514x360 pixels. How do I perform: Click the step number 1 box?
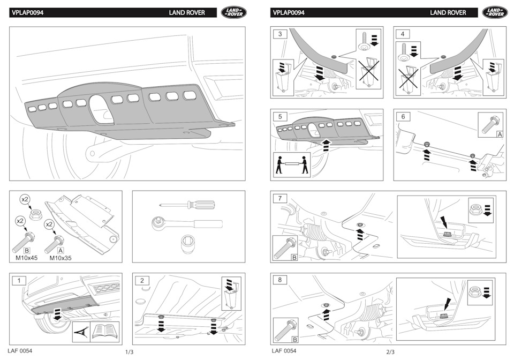click(x=19, y=280)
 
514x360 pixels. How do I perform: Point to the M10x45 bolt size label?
click(x=29, y=258)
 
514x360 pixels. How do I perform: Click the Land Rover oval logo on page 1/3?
click(x=234, y=12)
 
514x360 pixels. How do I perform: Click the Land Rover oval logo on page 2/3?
click(x=495, y=12)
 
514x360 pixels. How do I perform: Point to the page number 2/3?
click(x=390, y=352)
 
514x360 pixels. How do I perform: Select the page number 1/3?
click(x=129, y=352)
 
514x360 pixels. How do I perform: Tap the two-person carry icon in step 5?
click(x=292, y=165)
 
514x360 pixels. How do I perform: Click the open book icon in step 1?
click(x=105, y=331)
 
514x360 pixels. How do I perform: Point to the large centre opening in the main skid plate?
click(x=101, y=108)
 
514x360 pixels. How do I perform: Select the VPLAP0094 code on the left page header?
click(x=27, y=12)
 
